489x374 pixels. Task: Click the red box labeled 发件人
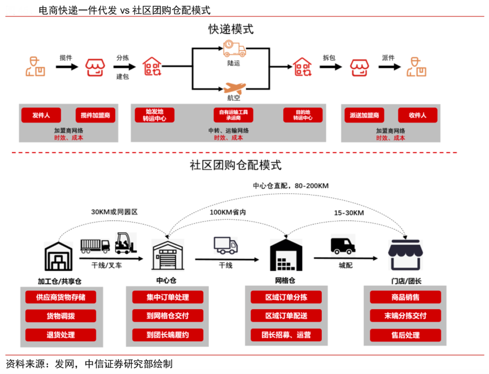(41, 115)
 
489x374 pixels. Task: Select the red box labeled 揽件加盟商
(95, 115)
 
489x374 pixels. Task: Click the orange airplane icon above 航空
(234, 89)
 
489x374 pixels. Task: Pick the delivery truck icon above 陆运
(234, 49)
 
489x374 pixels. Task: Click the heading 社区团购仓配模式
(235, 166)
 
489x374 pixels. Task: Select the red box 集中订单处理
(167, 297)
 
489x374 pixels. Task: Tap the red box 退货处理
(60, 334)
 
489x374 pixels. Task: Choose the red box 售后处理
(405, 334)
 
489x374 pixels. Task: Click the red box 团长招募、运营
(287, 334)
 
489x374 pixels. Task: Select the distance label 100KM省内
(228, 212)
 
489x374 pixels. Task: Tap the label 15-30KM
(348, 212)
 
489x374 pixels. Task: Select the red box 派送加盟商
(364, 115)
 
